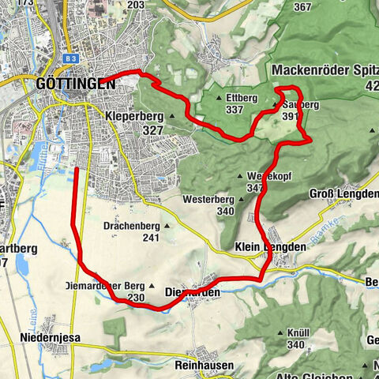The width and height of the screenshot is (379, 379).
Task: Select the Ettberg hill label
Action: coord(242,97)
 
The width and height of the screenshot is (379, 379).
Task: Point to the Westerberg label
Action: coord(208,200)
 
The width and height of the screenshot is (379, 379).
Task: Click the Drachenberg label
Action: coord(132,226)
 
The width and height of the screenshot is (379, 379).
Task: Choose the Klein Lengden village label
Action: coord(269,247)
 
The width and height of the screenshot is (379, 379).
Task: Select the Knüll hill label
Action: coord(295,333)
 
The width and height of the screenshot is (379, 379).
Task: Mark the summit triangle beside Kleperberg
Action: coord(171,116)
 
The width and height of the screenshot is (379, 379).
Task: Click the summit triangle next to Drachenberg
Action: coord(167,226)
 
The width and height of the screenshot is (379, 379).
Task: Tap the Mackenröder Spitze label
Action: coord(324,70)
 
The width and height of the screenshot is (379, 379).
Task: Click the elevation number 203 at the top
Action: coord(135,5)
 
